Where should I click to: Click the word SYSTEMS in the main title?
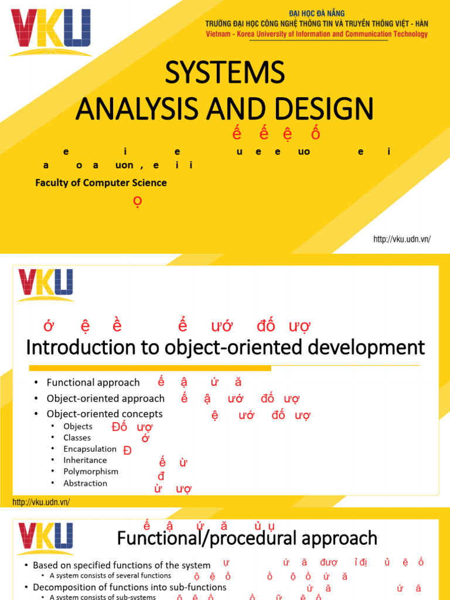pyautogui.click(x=224, y=73)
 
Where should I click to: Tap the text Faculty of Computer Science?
pyautogui.click(x=101, y=183)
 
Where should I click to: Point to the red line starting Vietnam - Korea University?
pyautogui.click(x=316, y=34)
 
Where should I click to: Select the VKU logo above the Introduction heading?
pyautogui.click(x=45, y=285)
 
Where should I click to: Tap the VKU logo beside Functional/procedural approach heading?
pyautogui.click(x=45, y=539)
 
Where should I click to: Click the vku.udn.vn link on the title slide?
pyautogui.click(x=402, y=239)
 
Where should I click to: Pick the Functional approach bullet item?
pyautogui.click(x=93, y=383)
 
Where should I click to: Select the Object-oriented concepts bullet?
pyautogui.click(x=105, y=414)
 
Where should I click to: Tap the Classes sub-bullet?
pyautogui.click(x=77, y=438)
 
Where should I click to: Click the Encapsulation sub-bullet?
pyautogui.click(x=90, y=449)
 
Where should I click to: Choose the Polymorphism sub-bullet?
pyautogui.click(x=91, y=472)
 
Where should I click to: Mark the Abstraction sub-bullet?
pyautogui.click(x=85, y=483)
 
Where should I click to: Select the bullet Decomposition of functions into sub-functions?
pyautogui.click(x=129, y=587)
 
